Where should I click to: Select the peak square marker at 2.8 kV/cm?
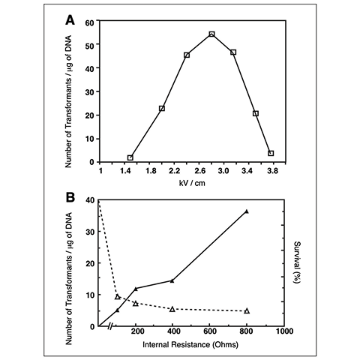(211, 34)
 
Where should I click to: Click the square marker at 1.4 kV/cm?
(130, 157)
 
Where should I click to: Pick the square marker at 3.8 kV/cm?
(271, 153)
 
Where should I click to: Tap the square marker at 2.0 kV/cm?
(162, 109)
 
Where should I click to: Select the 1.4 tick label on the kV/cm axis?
(129, 172)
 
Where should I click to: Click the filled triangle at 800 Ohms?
(247, 211)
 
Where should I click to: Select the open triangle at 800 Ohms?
(247, 310)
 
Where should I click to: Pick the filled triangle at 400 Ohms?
(172, 280)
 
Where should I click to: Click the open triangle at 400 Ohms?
(172, 309)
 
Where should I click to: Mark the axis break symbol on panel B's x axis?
(111, 327)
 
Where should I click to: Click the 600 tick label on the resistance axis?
(209, 334)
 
